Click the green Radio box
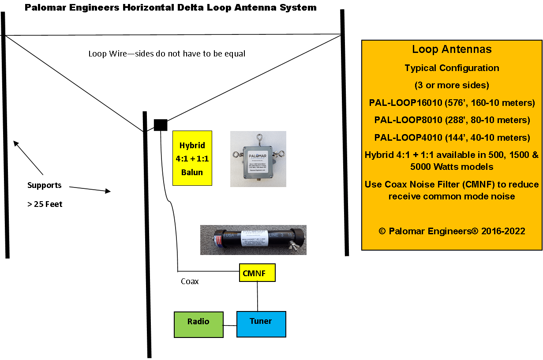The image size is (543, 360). pos(198,325)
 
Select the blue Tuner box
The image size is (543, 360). pos(261,324)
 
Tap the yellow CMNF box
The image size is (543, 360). pos(257,273)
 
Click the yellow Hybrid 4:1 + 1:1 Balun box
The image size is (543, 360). pos(192,158)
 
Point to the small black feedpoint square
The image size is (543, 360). pos(160,125)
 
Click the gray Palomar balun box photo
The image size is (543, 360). pos(258,159)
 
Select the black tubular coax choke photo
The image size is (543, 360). pos(253,240)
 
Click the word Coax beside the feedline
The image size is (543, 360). pos(190,281)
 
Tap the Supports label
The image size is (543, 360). pos(44,185)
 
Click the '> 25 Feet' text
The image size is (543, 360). pos(45,204)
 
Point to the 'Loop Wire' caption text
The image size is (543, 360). pos(167,54)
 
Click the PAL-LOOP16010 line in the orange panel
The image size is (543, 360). pos(452,103)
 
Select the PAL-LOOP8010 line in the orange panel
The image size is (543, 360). pos(452,120)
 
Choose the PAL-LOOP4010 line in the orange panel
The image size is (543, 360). pos(452,138)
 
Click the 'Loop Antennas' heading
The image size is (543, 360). pos(452,49)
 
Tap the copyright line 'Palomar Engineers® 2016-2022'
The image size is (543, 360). pos(452,231)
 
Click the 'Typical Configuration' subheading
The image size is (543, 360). pos(452,68)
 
